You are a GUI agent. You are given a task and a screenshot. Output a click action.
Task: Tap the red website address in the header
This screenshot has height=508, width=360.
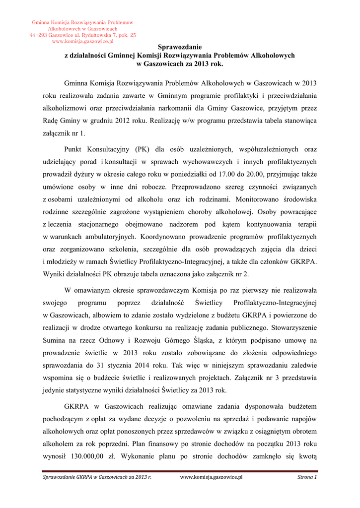tap(82, 41)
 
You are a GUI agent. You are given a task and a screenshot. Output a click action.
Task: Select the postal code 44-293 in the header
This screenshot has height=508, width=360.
tap(39, 35)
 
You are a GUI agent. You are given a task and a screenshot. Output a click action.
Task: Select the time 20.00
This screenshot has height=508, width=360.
tap(254, 175)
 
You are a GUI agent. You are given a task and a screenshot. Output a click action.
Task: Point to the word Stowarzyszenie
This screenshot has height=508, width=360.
tap(292, 328)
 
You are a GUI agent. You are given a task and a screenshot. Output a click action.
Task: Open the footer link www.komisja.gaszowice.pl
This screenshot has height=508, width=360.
tap(211, 477)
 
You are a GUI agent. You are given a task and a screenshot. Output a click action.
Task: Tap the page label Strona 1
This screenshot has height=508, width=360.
tap(307, 477)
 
